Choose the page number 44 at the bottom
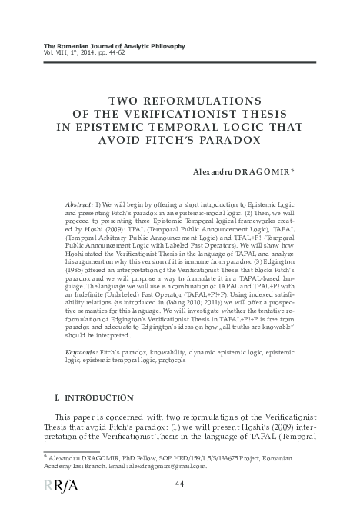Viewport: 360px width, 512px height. coord(180,483)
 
